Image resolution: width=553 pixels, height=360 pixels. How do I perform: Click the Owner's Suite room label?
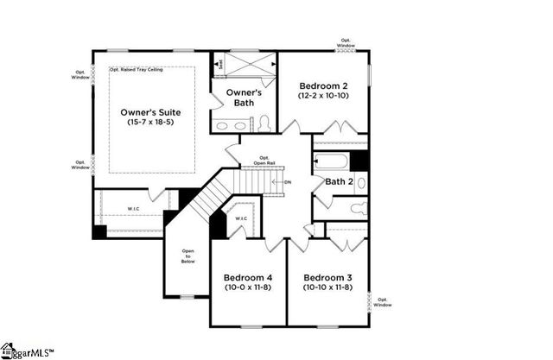[x=151, y=111]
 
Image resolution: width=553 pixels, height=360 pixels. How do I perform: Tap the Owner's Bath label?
[x=244, y=97]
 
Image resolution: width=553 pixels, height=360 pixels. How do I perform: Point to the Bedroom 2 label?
[x=324, y=85]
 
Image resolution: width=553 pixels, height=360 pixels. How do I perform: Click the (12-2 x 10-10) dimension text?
[x=324, y=97]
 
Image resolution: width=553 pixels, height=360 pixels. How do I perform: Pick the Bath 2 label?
[x=339, y=181]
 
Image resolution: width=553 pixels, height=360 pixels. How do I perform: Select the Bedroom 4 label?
[x=248, y=275]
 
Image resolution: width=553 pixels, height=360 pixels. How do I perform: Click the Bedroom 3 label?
[x=328, y=275]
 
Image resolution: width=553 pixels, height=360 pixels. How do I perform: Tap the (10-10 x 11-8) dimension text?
[x=328, y=287]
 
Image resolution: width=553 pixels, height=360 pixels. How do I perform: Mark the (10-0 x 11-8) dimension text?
[x=248, y=287]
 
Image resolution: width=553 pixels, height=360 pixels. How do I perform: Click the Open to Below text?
[x=188, y=256]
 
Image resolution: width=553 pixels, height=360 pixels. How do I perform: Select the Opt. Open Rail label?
[x=264, y=161]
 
